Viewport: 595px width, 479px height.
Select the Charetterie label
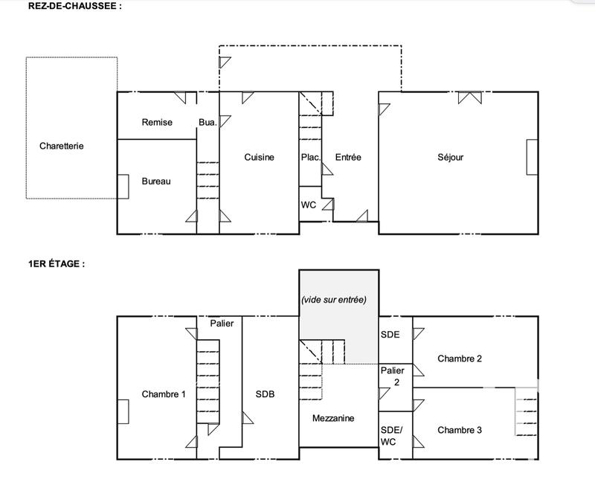pos(62,146)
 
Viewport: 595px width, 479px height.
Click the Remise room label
pos(157,122)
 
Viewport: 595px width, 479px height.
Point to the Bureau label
pos(156,181)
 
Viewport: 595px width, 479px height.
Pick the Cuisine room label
pos(259,157)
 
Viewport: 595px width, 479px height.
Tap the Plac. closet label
pos(310,157)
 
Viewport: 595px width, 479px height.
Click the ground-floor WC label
pos(309,205)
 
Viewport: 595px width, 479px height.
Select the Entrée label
pos(348,157)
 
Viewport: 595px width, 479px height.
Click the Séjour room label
pos(450,157)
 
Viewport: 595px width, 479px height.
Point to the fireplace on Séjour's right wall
pos(531,157)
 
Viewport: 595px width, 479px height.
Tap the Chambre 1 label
pos(164,394)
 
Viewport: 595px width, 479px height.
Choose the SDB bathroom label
pos(266,394)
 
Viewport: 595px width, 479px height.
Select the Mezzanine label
pos(332,418)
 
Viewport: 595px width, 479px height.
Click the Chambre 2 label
pos(460,358)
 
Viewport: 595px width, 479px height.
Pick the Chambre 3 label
pos(460,430)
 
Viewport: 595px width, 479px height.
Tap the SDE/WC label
pos(390,435)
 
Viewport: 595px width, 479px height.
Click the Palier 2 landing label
pos(392,376)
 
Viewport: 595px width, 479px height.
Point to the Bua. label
pos(208,122)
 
